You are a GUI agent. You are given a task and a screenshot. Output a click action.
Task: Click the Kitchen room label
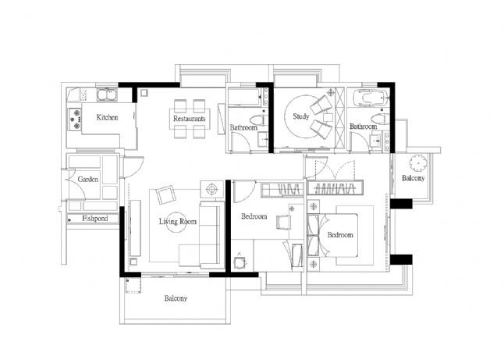click(x=108, y=117)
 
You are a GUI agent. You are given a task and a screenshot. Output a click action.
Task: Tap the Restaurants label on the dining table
click(x=189, y=119)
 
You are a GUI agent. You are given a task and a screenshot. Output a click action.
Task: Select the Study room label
click(x=301, y=116)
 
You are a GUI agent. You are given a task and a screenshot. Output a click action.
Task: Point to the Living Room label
click(x=177, y=221)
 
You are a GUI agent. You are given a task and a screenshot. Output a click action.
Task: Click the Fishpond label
click(x=95, y=219)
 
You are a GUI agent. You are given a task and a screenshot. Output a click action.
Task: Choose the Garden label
click(x=88, y=179)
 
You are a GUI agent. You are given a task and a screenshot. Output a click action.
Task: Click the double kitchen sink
click(x=107, y=94)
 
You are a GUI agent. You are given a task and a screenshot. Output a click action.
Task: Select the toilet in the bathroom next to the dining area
click(x=258, y=120)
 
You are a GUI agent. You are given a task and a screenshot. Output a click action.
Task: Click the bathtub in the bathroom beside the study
click(x=371, y=97)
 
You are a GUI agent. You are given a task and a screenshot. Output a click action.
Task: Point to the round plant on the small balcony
click(x=418, y=162)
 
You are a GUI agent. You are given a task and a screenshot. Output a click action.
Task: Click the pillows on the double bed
click(x=314, y=235)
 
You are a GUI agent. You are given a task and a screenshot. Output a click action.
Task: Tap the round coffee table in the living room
click(x=176, y=222)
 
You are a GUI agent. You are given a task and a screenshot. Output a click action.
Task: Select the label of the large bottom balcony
click(x=176, y=298)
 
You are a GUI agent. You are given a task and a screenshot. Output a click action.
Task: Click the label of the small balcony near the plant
click(x=413, y=178)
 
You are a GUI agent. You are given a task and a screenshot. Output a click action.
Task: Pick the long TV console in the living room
click(x=135, y=228)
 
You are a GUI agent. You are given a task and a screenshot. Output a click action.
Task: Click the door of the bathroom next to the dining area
click(x=240, y=142)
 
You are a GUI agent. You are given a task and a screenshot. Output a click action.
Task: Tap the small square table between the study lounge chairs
click(x=328, y=117)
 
